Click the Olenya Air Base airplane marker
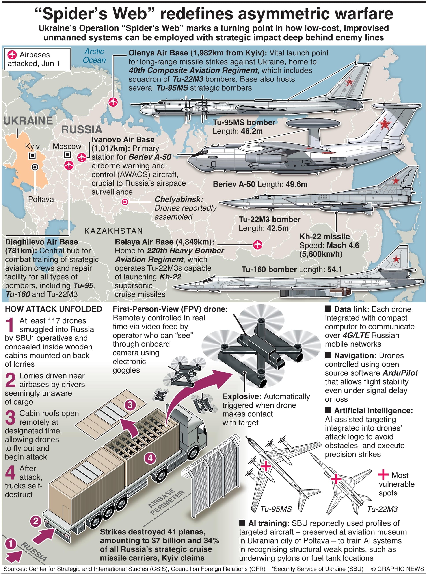[113, 102]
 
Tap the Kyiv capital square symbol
[32, 156]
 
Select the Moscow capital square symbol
[67, 155]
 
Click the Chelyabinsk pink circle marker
[125, 202]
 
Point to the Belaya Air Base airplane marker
[257, 244]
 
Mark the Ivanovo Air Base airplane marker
[82, 157]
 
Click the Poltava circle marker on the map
[35, 167]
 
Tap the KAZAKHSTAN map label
[114, 231]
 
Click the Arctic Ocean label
[94, 56]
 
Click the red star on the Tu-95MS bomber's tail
[350, 82]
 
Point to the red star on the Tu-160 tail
[396, 258]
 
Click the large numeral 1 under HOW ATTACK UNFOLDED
[10, 325]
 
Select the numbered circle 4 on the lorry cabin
[150, 459]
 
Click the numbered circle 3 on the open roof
[130, 404]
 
